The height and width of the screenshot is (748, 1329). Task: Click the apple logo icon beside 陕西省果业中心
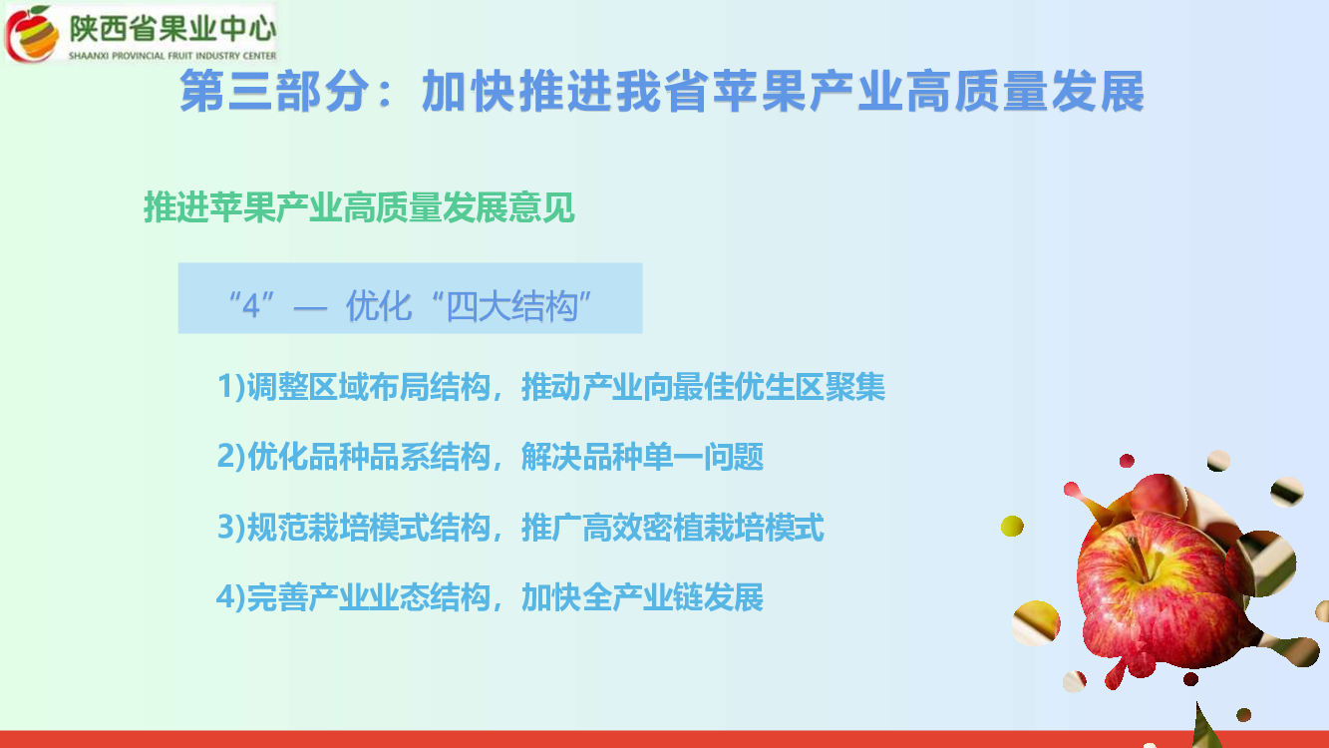click(x=32, y=33)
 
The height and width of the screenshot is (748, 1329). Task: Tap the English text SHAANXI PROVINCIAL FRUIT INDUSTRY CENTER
click(x=172, y=56)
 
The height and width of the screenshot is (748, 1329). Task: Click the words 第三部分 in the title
click(x=274, y=91)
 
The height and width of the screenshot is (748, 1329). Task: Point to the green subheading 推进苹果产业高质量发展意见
click(x=359, y=207)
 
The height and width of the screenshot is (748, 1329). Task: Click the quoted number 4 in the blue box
click(x=251, y=306)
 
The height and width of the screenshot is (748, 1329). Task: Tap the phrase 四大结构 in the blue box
click(x=511, y=306)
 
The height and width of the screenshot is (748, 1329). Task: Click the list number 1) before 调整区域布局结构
click(x=231, y=387)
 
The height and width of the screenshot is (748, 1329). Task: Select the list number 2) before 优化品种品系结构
click(x=231, y=457)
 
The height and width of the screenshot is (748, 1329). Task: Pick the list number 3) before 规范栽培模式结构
click(x=231, y=527)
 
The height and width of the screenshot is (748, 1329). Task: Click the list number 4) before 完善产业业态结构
click(x=230, y=596)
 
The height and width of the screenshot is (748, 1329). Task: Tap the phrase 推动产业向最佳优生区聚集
click(x=703, y=387)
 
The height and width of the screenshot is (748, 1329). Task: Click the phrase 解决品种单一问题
click(x=642, y=457)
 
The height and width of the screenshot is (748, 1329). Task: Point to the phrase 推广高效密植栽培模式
click(x=673, y=527)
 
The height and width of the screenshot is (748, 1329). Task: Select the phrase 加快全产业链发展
click(x=642, y=596)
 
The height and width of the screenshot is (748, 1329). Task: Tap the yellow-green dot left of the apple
click(x=1012, y=526)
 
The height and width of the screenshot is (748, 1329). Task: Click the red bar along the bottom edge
click(x=664, y=739)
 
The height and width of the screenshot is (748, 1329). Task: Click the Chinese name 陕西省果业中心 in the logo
click(x=172, y=29)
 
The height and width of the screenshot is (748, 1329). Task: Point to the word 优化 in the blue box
click(x=379, y=306)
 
